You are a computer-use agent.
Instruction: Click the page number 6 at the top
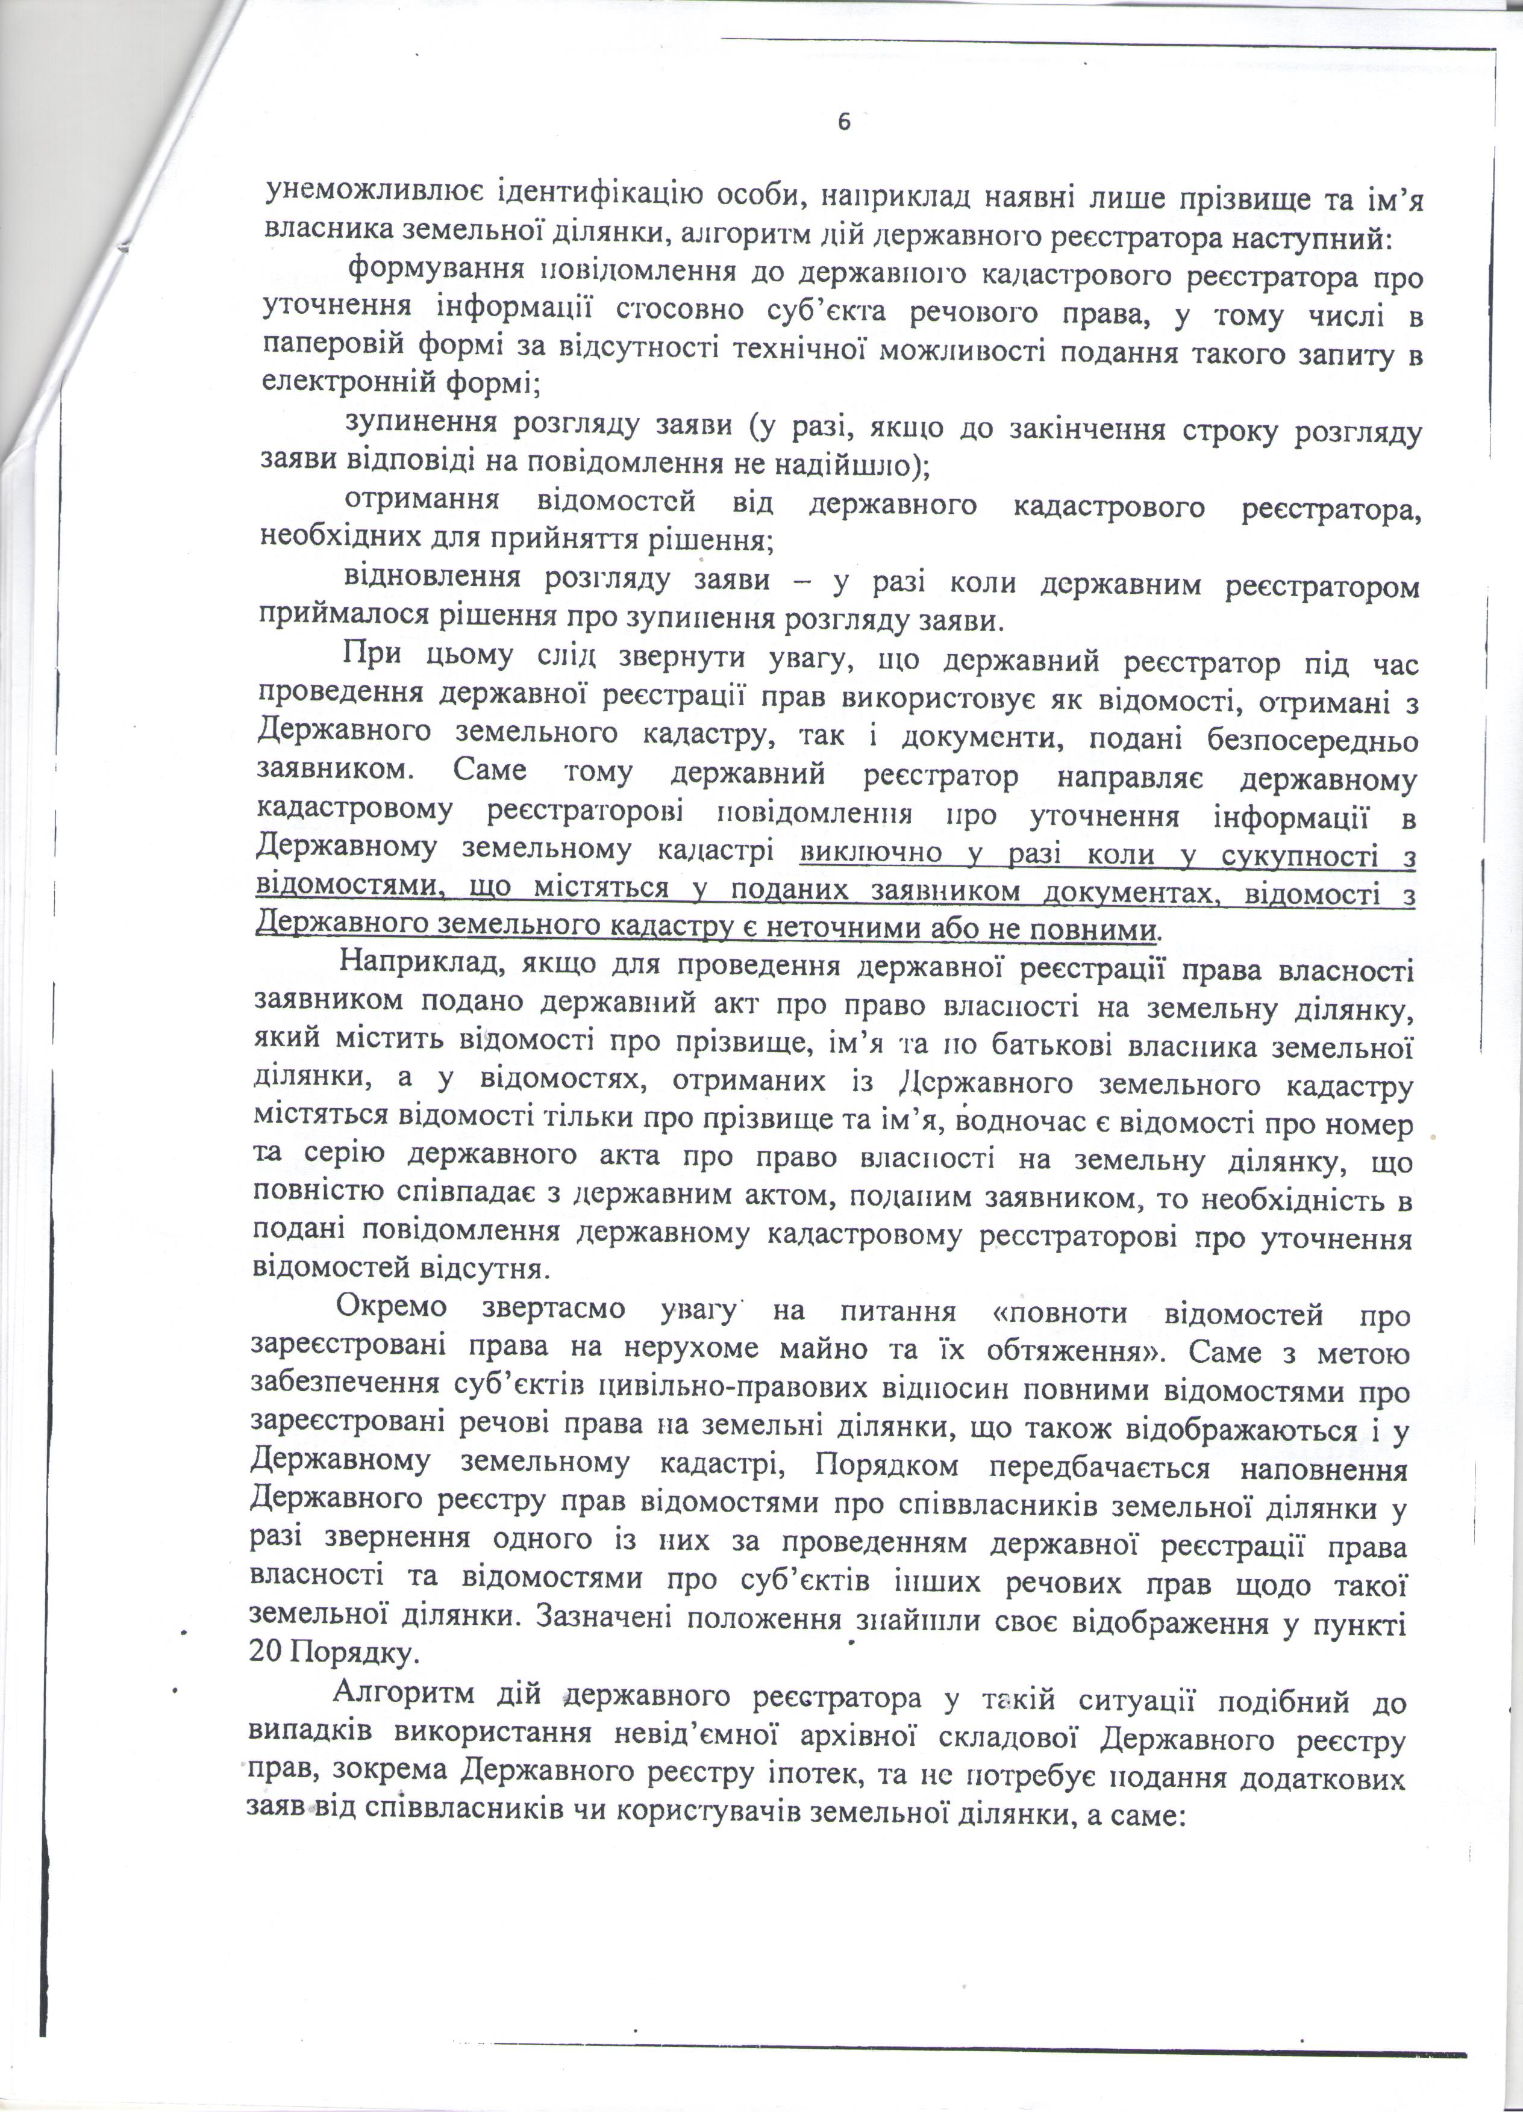coord(844,122)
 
